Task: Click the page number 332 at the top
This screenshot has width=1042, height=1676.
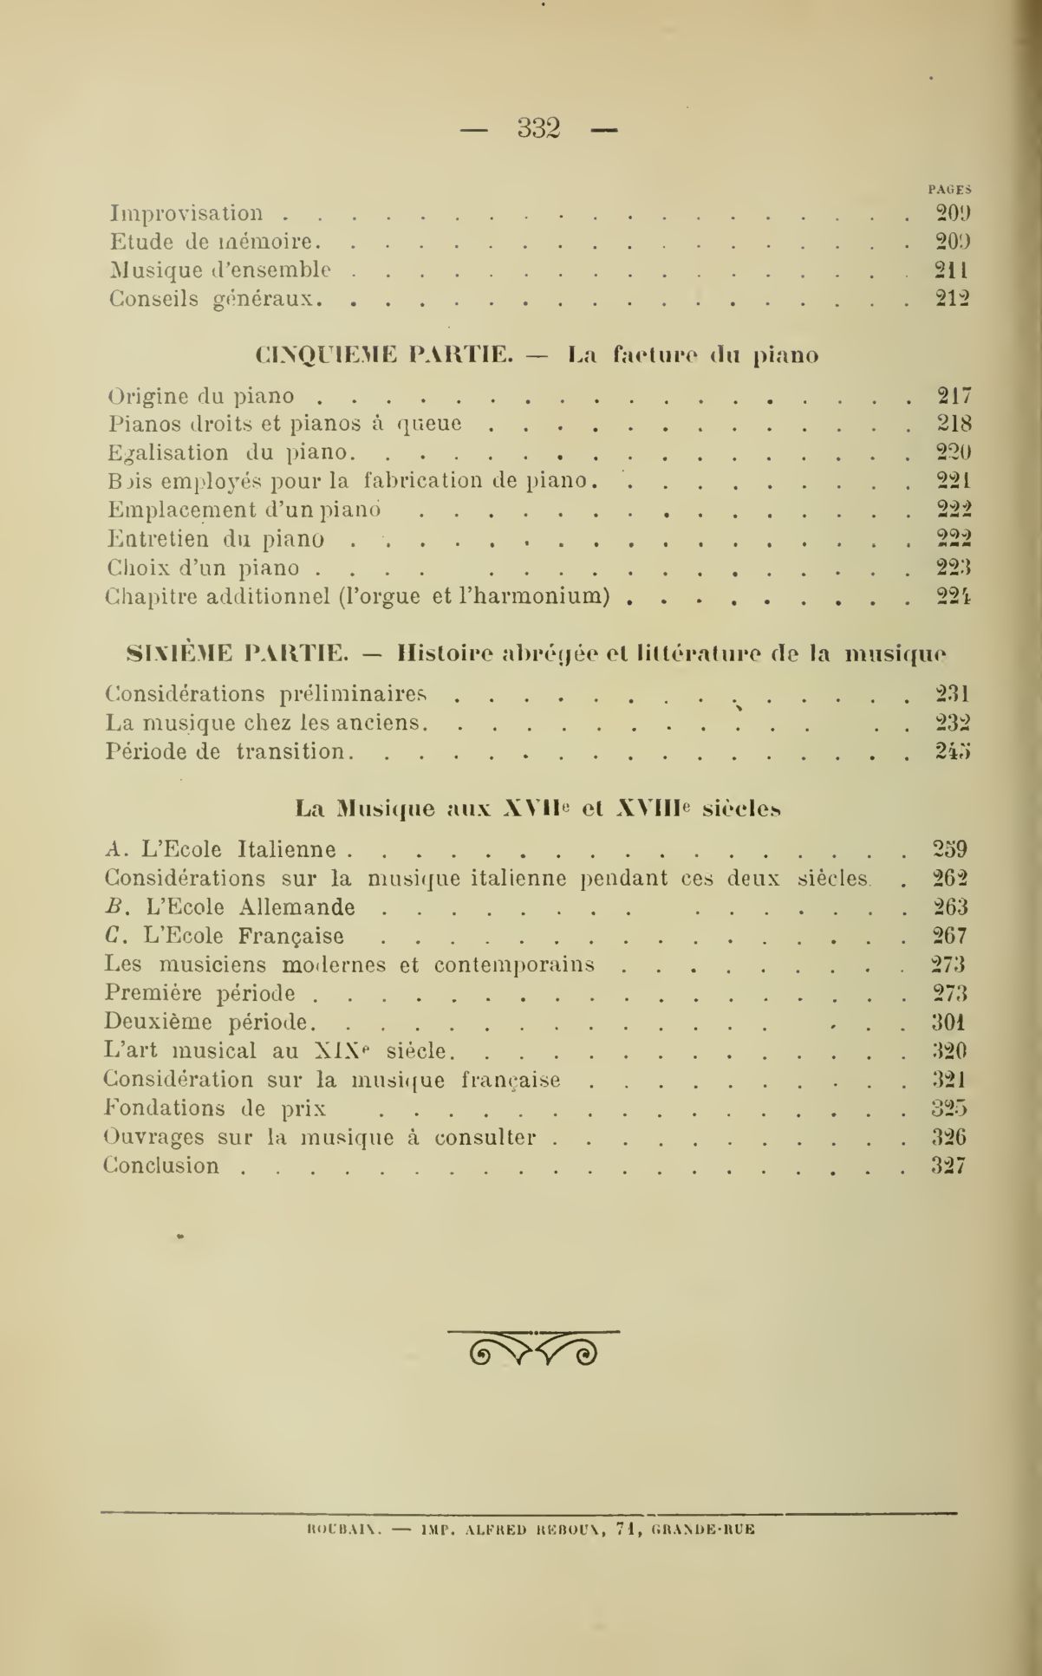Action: pos(539,128)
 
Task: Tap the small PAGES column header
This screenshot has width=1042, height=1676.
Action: pos(949,188)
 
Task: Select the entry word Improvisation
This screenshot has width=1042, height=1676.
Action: pos(186,213)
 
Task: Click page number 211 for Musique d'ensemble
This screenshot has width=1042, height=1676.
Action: pos(951,270)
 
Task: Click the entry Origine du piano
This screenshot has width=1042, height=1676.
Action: pos(202,396)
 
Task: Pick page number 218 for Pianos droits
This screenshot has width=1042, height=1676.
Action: pos(954,425)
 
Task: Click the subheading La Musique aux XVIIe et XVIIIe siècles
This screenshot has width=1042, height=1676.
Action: pos(537,809)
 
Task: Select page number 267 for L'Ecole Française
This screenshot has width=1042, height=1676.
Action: pos(949,936)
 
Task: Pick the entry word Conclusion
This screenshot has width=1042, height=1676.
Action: pos(162,1166)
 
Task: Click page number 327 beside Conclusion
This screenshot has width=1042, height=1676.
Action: pos(948,1166)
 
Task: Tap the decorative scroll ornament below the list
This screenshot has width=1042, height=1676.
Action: pos(533,1346)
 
